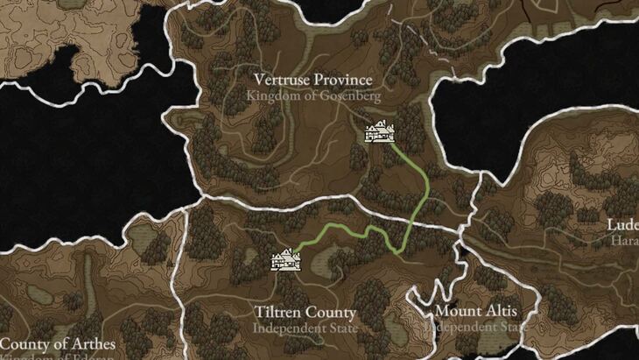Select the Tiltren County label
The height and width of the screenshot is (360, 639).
point(305,313)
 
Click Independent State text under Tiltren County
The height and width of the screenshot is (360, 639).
point(305,328)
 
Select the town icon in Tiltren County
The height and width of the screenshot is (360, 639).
point(287,260)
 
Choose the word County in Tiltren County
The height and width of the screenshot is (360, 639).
point(330,313)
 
